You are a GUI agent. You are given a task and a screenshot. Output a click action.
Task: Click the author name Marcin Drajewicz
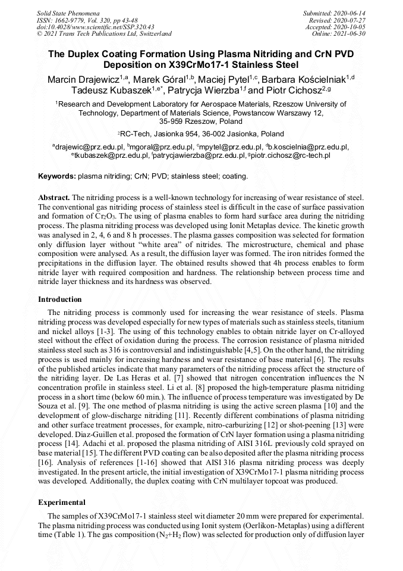pos(83,79)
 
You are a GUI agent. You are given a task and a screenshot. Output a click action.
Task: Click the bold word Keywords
pos(56,177)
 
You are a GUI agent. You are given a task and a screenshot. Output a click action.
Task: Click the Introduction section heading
pos(60,299)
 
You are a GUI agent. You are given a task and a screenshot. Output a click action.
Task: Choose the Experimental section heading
pos(62,503)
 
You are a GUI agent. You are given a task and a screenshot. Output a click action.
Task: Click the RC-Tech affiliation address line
pos(201,134)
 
